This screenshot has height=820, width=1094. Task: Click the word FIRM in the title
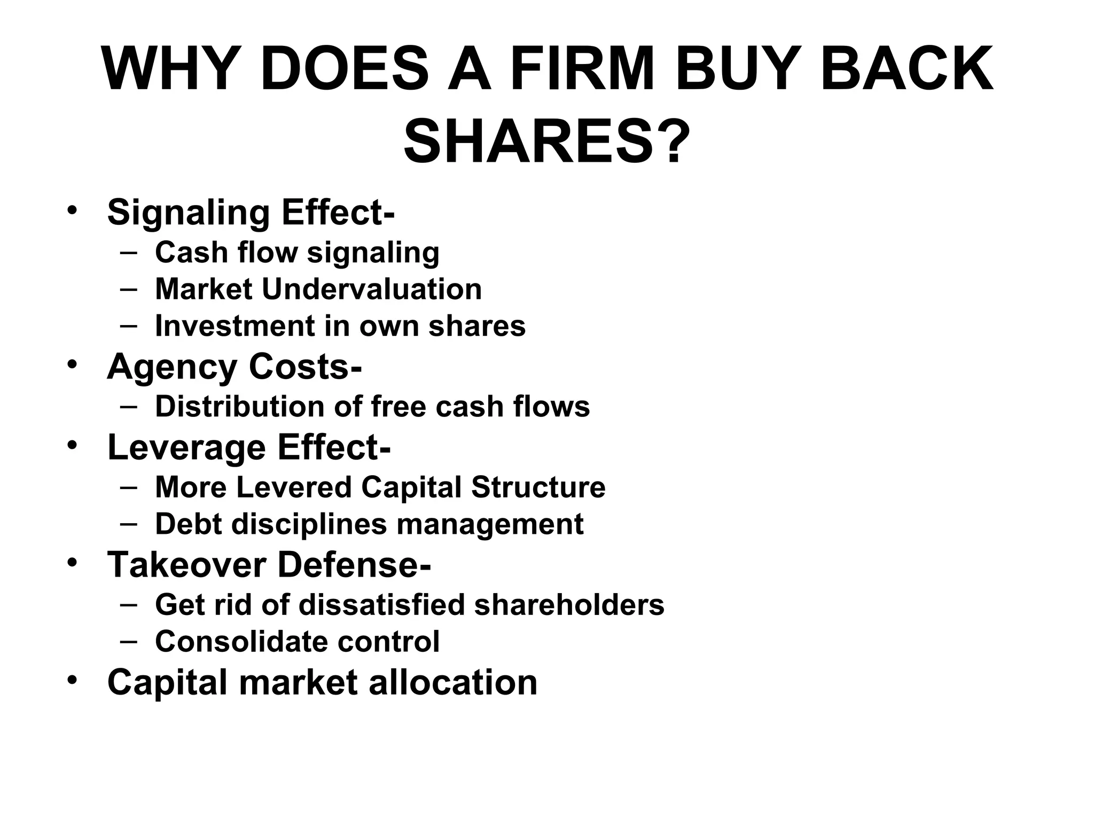pos(582,70)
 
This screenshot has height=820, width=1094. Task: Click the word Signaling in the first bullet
pos(189,213)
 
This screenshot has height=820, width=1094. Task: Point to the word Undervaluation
pos(372,289)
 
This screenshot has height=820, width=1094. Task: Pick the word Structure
pos(538,487)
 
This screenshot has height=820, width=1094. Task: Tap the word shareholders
pos(569,604)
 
